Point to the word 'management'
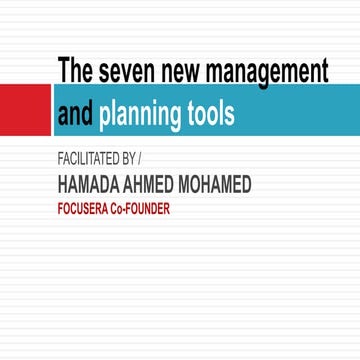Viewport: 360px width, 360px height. [x=269, y=72]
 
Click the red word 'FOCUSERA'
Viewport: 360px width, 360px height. [x=91, y=210]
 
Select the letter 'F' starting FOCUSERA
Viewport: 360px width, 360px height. [x=62, y=210]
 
